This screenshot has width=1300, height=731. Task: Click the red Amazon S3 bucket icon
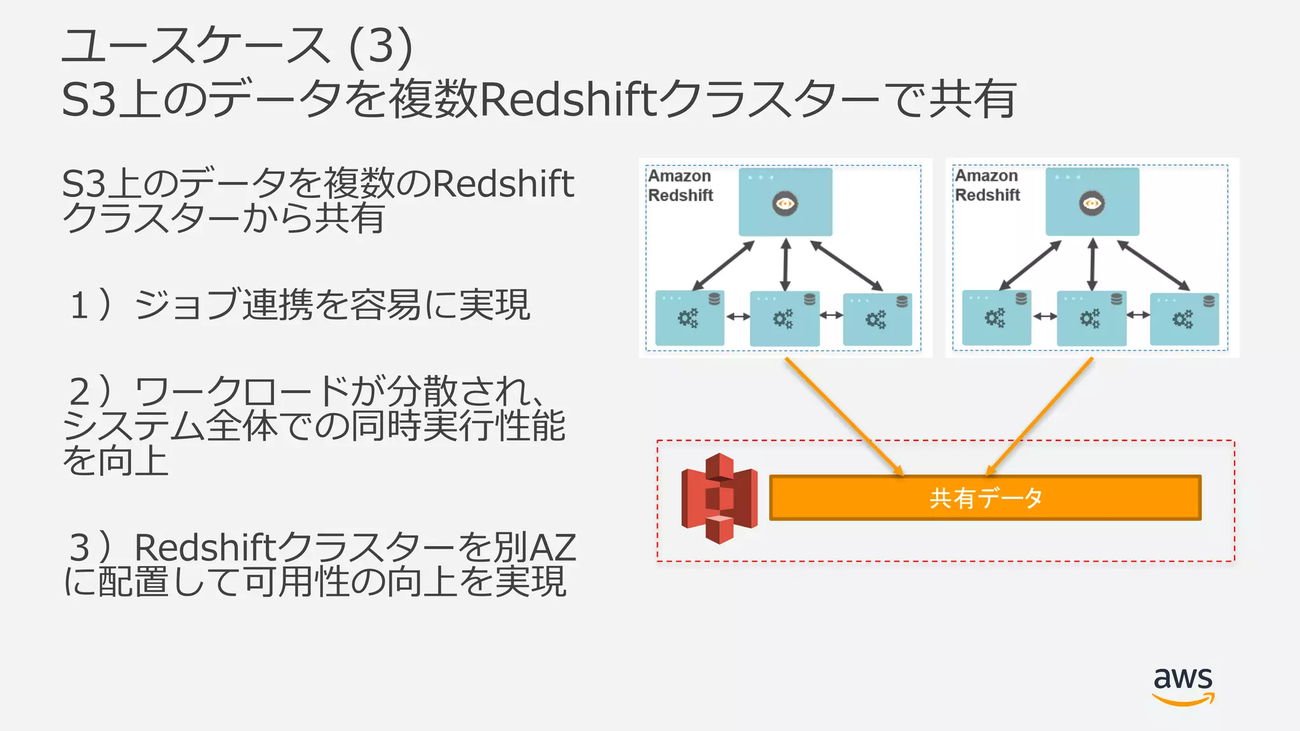(719, 497)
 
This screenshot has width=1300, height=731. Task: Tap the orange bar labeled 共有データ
(985, 498)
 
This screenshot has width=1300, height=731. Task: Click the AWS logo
(1183, 685)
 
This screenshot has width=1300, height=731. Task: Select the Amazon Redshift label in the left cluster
(680, 185)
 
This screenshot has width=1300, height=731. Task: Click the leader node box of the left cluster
(785, 202)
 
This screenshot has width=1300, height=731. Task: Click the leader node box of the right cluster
(1092, 201)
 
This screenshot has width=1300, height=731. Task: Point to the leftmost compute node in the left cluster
(689, 318)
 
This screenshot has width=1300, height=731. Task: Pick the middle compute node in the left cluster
(785, 319)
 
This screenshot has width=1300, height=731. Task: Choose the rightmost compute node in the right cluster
(1184, 319)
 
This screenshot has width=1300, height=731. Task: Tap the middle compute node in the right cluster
(1091, 319)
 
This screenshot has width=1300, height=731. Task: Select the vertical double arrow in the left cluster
(786, 264)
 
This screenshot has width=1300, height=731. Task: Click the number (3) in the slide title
(381, 46)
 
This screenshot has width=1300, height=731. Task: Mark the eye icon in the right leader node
(1092, 203)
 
